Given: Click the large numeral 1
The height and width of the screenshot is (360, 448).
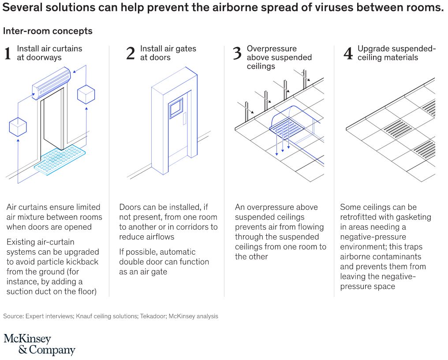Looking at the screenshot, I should [x=7, y=53].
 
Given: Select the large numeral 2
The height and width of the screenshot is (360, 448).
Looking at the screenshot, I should [x=130, y=53].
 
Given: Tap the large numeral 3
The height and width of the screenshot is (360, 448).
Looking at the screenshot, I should [x=237, y=53].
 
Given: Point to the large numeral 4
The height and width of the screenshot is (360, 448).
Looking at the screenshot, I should [x=348, y=53].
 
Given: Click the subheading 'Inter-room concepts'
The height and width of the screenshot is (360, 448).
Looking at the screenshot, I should [x=48, y=31].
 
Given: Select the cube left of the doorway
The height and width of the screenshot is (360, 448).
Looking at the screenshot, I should [x=18, y=126].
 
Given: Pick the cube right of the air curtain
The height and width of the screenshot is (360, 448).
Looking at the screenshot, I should [x=86, y=94].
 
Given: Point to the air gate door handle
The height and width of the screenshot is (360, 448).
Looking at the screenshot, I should [x=185, y=119].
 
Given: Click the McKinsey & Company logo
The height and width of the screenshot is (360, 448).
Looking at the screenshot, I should [x=40, y=344].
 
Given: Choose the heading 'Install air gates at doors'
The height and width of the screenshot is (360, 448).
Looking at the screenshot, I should [x=168, y=53].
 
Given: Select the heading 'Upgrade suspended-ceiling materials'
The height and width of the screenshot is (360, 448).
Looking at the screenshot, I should [x=396, y=53].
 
